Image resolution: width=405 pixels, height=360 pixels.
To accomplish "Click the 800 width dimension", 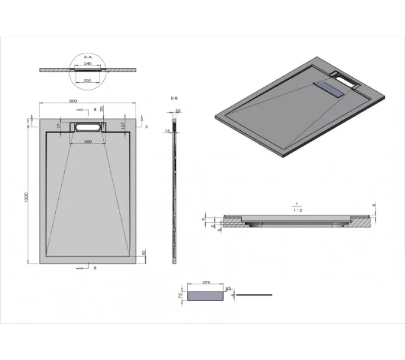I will click(73, 101).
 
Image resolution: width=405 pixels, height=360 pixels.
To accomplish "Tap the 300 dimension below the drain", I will click(88, 141).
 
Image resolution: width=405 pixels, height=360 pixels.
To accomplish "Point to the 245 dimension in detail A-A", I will click(88, 63).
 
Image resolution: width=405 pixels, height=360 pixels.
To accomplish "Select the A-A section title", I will click(88, 56).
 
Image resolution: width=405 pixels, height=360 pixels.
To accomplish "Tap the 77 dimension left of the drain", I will click(59, 126).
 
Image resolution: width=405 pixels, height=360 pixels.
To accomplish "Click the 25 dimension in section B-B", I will click(178, 110).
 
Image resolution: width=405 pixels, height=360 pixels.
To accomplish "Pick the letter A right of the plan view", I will click(147, 127).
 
